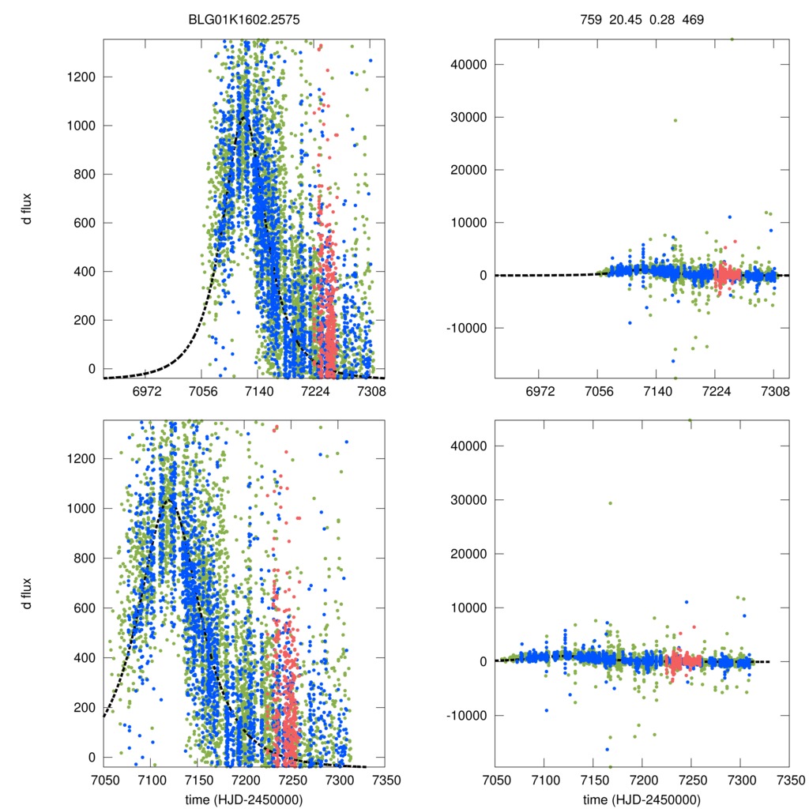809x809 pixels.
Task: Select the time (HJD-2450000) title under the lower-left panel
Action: point(245,800)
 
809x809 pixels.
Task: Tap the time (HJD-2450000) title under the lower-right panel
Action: point(642,800)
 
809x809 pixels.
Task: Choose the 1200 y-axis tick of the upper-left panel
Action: point(80,77)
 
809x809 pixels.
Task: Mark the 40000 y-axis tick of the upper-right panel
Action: point(468,64)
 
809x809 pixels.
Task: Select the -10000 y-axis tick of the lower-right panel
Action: point(465,715)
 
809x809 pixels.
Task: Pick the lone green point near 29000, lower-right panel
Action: point(610,503)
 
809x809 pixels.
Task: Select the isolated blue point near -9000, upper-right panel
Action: point(630,322)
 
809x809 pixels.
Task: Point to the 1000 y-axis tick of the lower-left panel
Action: point(80,508)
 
